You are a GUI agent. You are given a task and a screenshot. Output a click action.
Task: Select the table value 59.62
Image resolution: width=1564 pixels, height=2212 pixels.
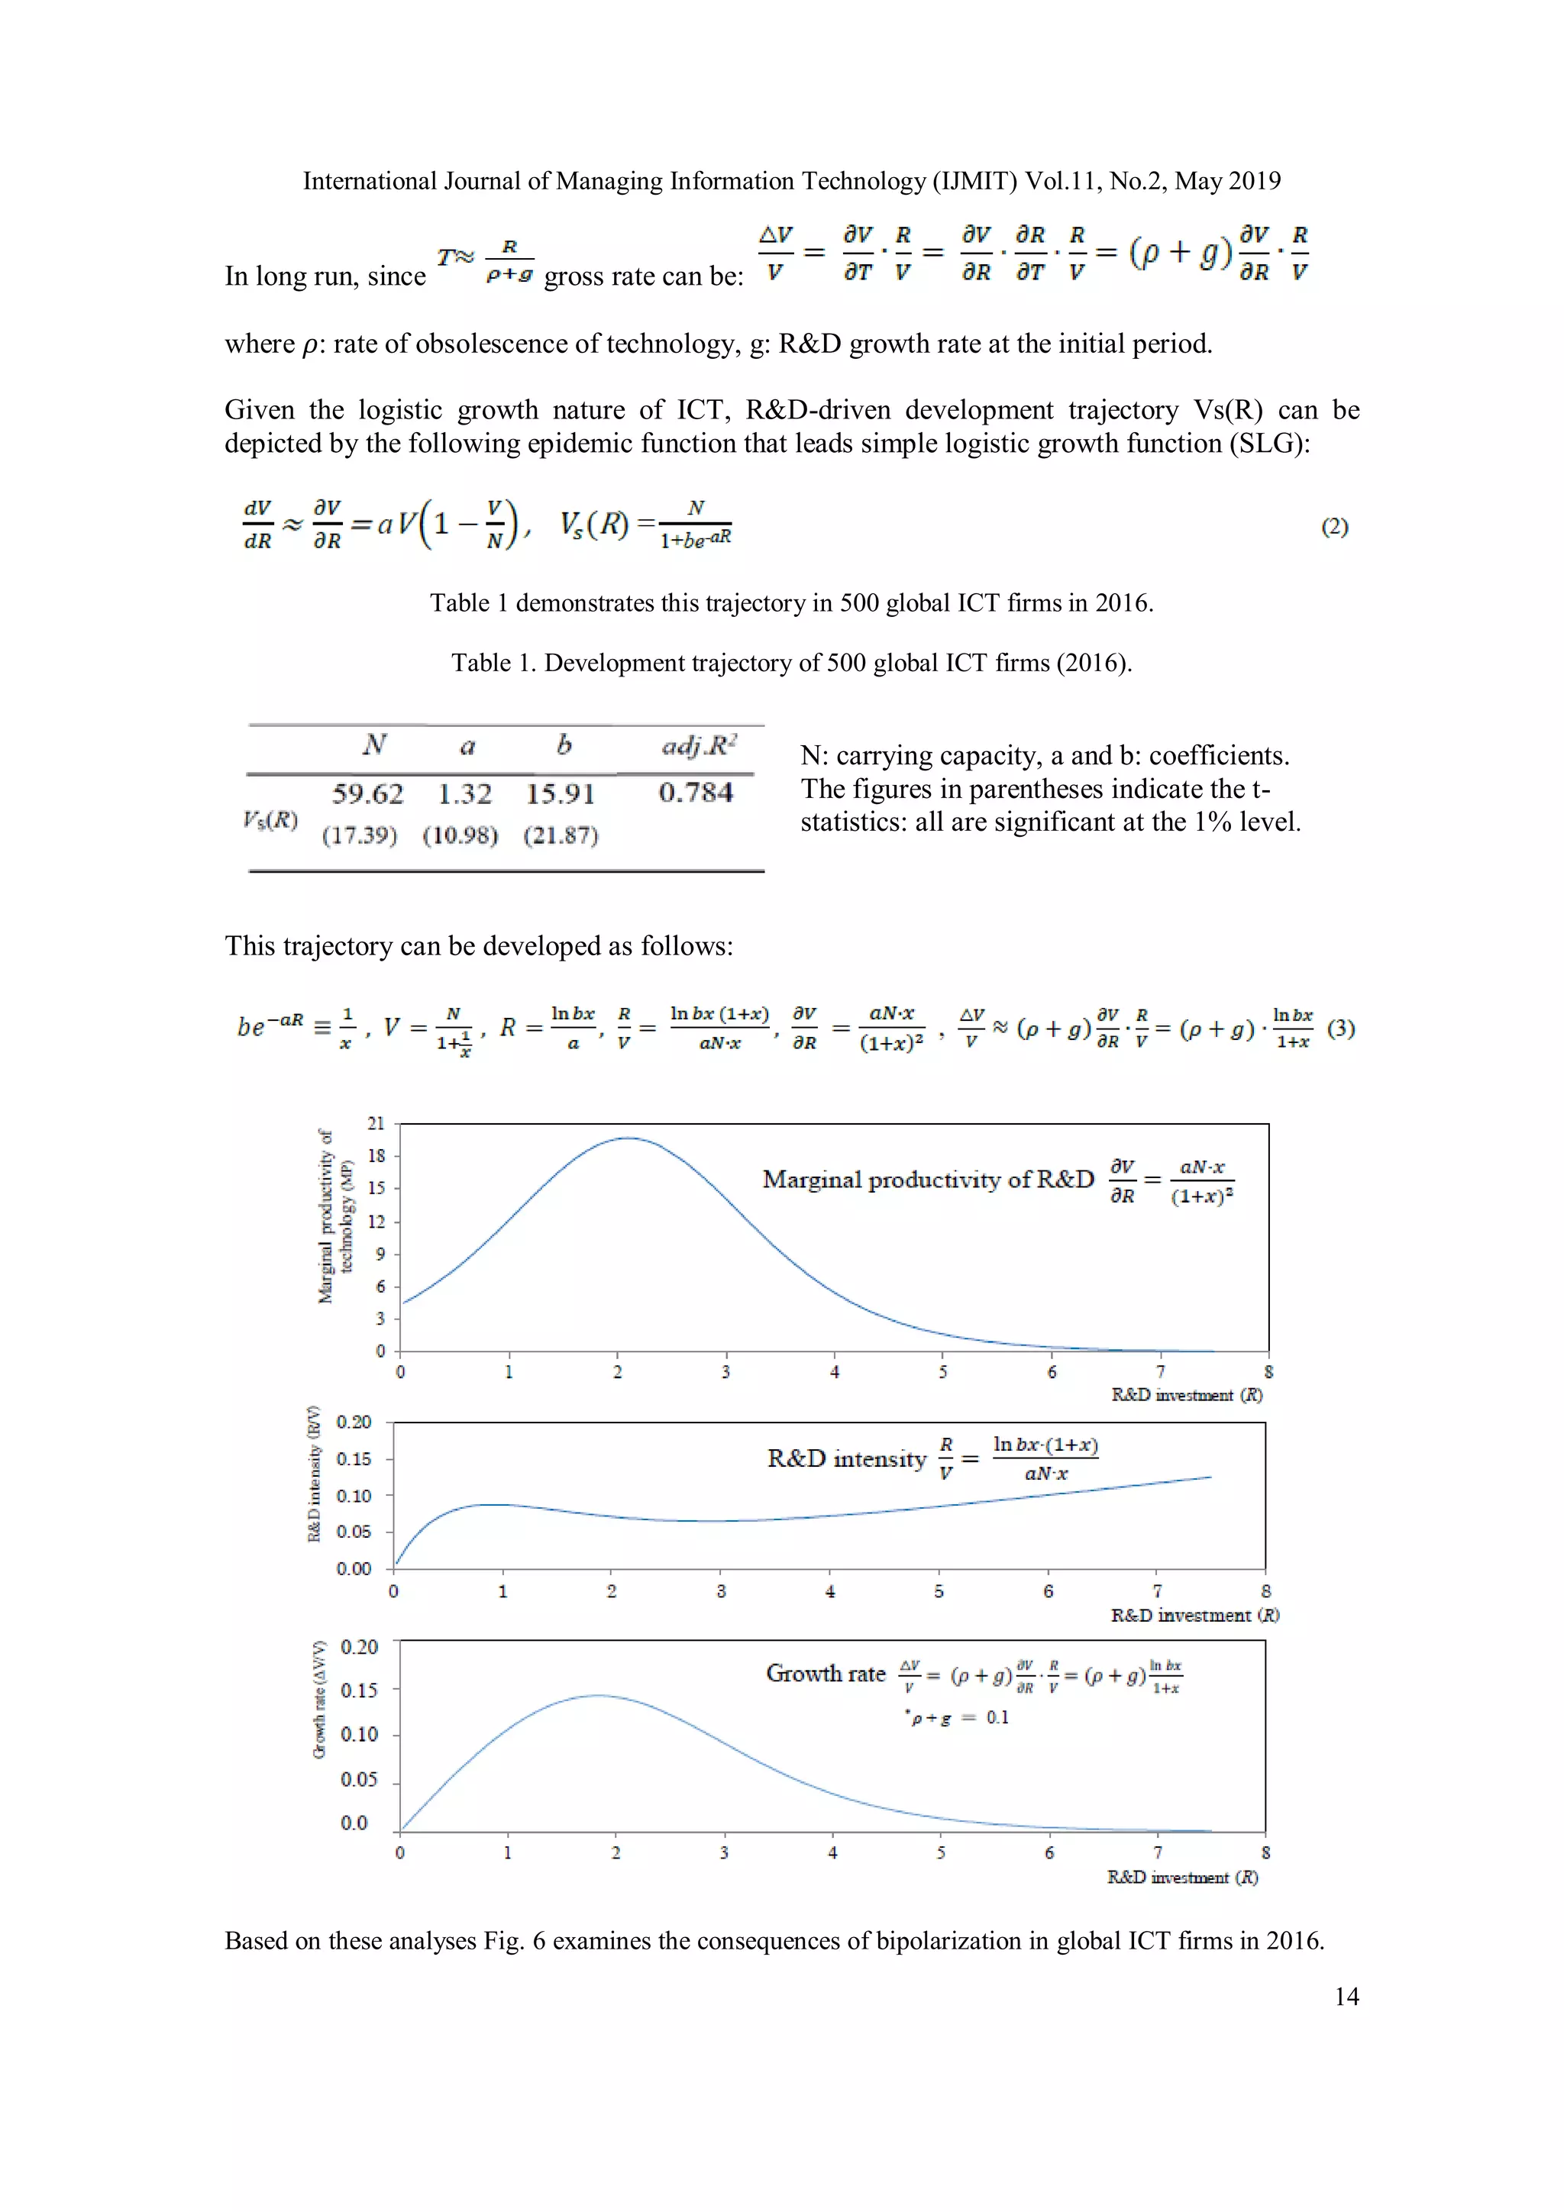tap(367, 794)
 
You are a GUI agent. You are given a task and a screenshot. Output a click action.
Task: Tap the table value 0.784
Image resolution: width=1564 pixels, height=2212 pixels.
tap(696, 792)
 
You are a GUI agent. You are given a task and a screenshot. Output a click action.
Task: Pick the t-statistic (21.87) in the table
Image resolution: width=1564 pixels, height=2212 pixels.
tap(560, 835)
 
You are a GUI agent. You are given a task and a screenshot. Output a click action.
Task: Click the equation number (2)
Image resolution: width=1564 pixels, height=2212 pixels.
tap(1333, 526)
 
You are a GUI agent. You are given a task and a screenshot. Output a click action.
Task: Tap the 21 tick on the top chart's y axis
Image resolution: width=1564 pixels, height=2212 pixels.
tap(376, 1123)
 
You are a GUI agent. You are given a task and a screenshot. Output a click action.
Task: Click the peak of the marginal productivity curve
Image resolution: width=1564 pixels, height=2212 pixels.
tap(627, 1138)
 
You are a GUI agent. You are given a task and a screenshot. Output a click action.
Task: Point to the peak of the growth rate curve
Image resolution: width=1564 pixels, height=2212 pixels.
tap(597, 1696)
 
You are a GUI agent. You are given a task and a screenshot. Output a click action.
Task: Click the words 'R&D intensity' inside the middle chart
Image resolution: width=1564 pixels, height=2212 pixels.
tap(846, 1458)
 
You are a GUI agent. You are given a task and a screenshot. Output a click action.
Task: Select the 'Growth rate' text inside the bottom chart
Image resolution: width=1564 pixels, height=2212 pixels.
tap(825, 1674)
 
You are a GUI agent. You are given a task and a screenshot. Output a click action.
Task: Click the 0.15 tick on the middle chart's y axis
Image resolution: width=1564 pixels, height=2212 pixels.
tap(354, 1458)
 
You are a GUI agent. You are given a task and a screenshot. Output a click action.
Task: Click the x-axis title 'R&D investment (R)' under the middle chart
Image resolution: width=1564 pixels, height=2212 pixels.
tap(1194, 1615)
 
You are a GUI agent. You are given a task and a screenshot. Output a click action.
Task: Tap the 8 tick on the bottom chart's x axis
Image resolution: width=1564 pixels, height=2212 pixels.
tap(1265, 1852)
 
